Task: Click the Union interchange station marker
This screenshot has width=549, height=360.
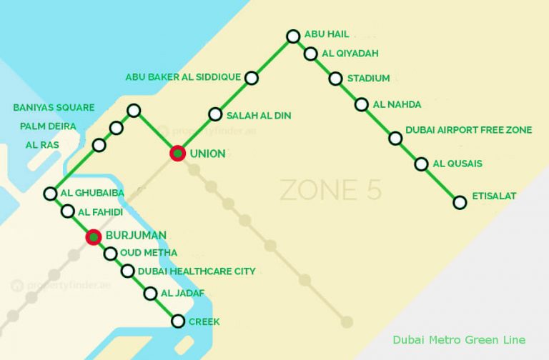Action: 177,153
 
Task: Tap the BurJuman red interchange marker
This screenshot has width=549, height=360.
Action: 93,236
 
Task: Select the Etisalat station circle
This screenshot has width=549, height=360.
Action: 460,202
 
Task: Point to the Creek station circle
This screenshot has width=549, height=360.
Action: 178,321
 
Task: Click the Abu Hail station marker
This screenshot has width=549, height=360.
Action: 292,36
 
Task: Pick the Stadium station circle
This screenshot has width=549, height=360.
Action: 335,79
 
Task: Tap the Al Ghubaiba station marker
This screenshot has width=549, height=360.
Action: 50,194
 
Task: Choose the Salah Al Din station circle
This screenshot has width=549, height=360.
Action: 215,114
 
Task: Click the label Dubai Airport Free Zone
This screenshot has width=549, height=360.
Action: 468,130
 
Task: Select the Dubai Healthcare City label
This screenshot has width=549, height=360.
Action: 198,271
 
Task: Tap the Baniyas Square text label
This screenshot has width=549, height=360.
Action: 54,108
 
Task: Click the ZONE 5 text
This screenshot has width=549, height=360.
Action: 330,190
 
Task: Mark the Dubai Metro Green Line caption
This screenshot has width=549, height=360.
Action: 459,340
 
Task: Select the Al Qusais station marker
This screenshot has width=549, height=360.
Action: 421,164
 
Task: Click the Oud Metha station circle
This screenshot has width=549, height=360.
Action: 110,254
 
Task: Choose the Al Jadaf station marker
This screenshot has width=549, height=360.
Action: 150,294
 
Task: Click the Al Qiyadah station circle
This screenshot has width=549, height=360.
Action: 310,54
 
